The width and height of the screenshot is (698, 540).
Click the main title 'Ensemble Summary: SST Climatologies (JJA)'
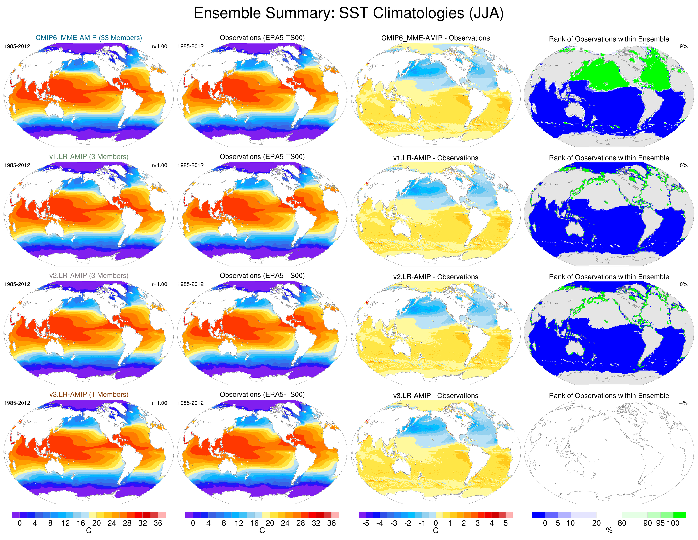tap(349, 13)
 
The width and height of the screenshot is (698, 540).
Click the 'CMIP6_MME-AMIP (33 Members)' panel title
tap(89, 38)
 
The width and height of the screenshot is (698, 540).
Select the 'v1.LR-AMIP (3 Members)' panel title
tap(89, 157)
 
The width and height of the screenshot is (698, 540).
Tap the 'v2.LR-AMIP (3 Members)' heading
tap(89, 276)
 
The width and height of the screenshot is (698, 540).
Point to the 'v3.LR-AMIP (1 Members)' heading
tap(89, 395)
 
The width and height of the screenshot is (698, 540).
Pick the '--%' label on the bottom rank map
tap(683, 403)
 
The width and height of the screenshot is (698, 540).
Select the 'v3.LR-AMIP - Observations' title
tap(435, 396)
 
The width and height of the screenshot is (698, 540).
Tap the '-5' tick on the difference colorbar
tap(366, 523)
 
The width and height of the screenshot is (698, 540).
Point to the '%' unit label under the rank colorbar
tap(609, 531)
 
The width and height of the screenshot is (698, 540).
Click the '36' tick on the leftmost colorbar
tap(158, 523)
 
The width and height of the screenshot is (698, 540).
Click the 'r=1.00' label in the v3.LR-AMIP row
tap(159, 403)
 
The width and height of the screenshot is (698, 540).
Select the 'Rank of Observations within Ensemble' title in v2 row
tap(609, 277)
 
